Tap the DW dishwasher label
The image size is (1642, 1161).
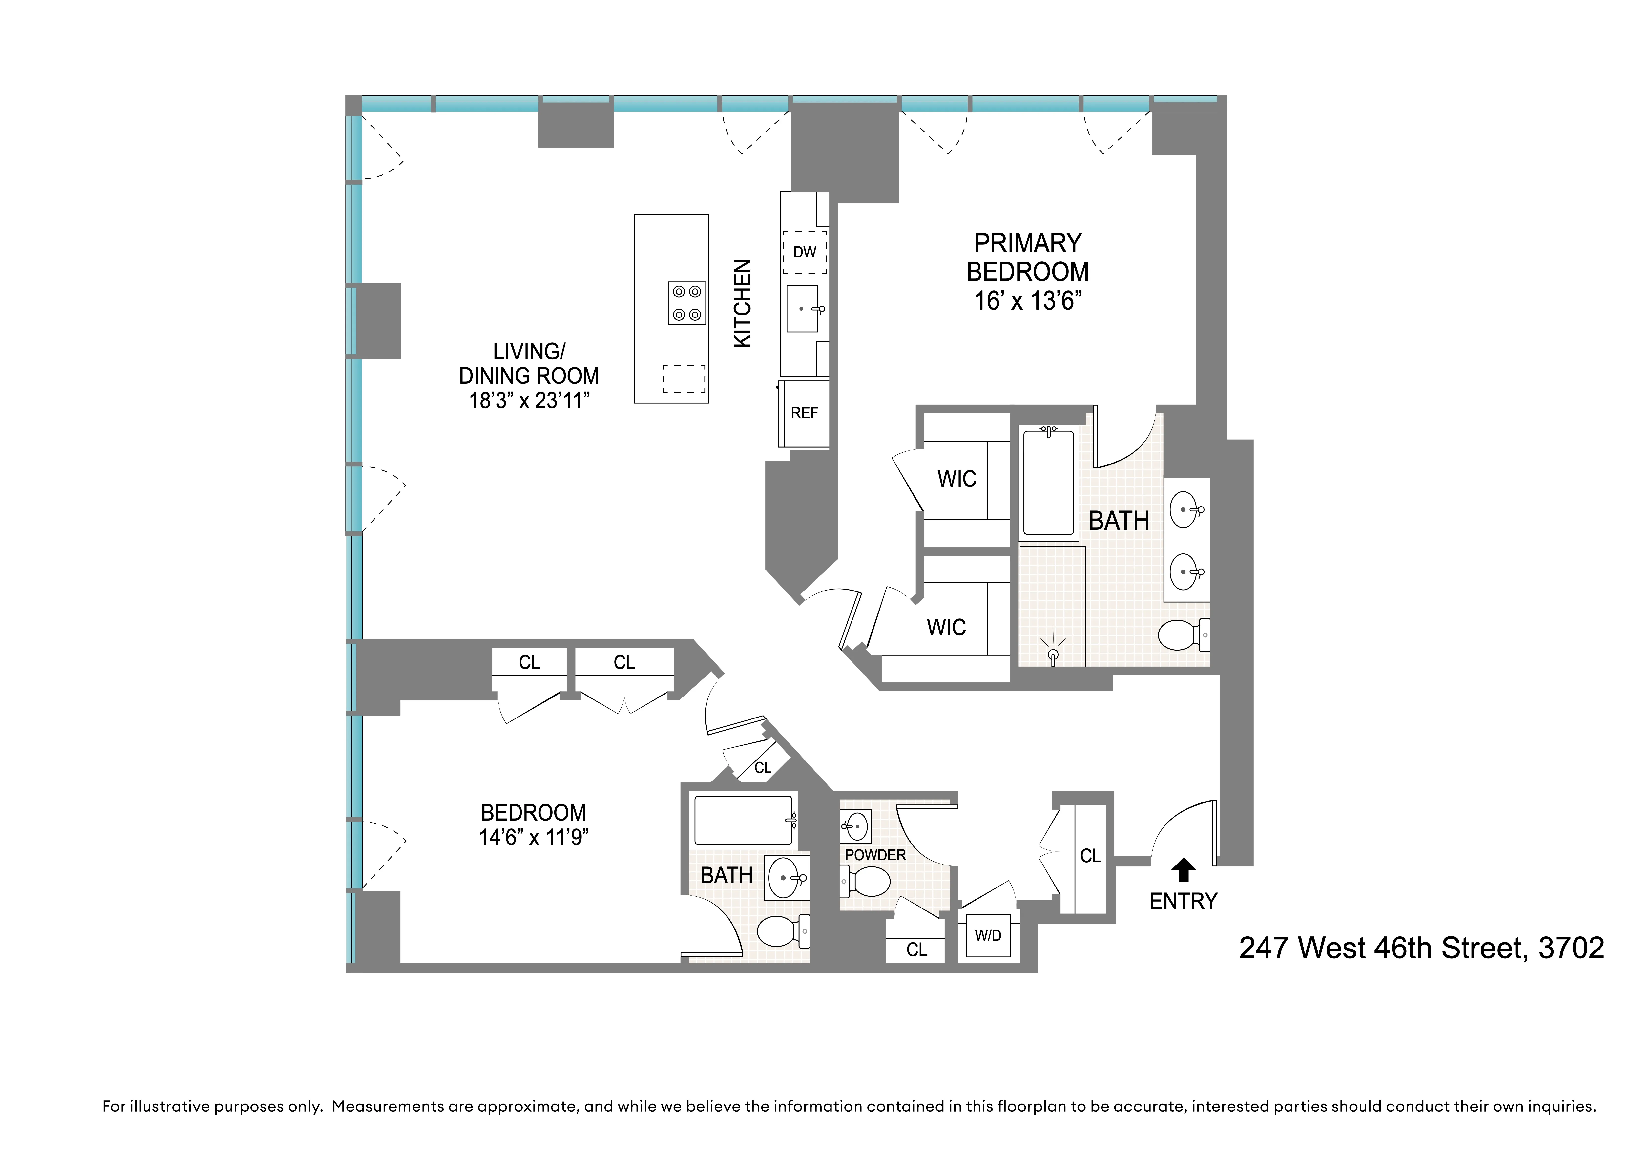point(805,252)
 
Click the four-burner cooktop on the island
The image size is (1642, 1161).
point(686,303)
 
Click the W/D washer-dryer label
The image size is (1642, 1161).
point(988,936)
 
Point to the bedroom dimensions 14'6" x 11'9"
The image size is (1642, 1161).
point(534,837)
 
